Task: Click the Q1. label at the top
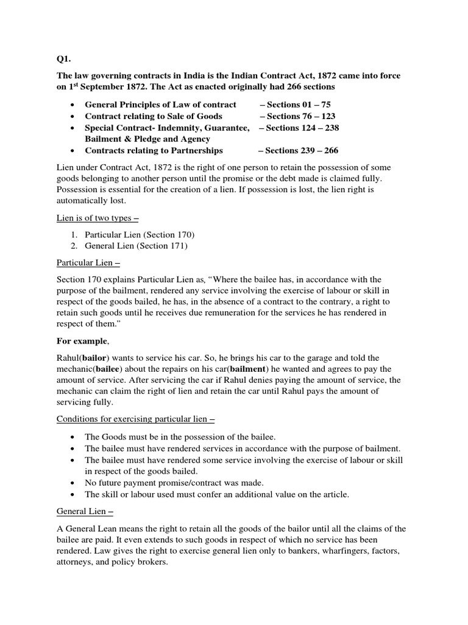pos(63,59)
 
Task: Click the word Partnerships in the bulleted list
pos(196,150)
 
